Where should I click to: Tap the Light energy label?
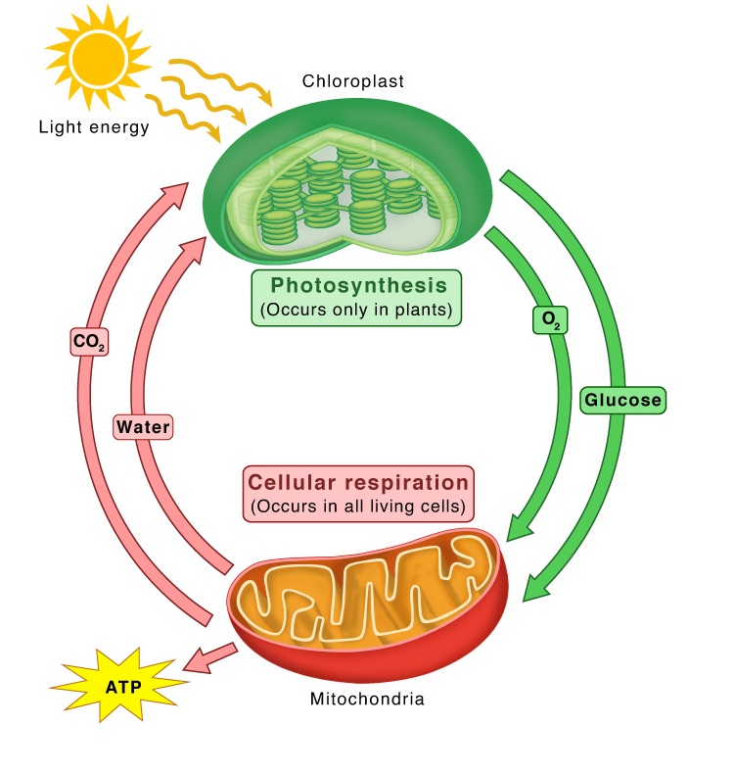click(x=94, y=127)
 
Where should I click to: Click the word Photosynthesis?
click(x=359, y=285)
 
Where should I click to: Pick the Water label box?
click(x=143, y=427)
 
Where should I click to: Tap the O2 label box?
click(x=549, y=320)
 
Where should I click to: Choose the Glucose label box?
click(x=622, y=399)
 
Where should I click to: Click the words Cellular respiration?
click(x=358, y=482)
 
